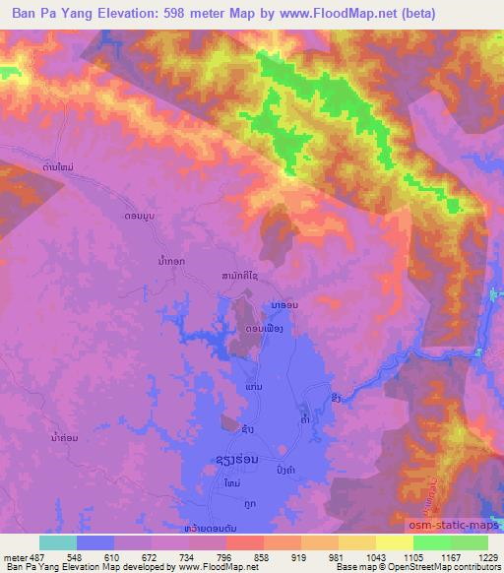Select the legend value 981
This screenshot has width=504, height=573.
(x=335, y=557)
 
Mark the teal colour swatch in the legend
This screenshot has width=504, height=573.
(x=58, y=542)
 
